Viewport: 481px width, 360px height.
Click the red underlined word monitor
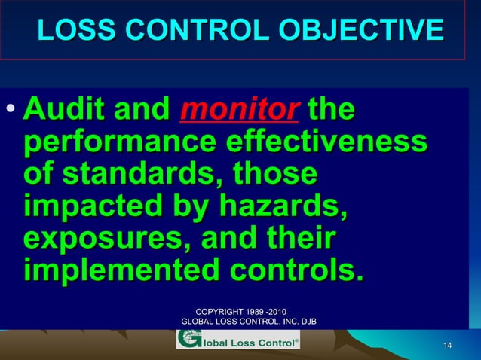point(237,112)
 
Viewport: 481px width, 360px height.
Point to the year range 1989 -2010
point(270,311)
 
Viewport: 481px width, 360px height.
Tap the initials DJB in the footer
point(306,322)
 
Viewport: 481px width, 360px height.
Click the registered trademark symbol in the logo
point(295,339)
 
